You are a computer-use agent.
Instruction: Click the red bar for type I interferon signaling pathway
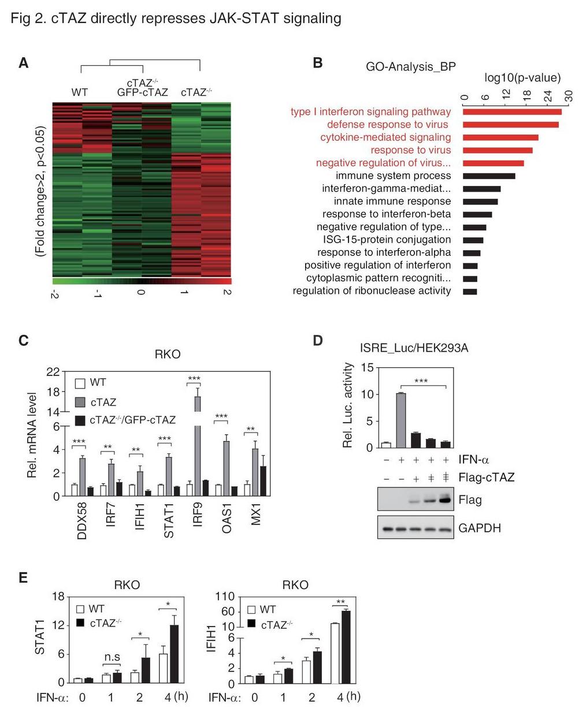click(x=512, y=112)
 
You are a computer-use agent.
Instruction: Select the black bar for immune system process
click(x=489, y=176)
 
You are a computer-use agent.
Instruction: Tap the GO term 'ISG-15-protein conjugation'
click(x=387, y=240)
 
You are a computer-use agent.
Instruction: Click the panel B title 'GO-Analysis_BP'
click(x=411, y=66)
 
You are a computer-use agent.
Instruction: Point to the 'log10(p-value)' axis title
click(x=522, y=78)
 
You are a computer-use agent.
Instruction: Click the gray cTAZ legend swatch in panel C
click(x=80, y=402)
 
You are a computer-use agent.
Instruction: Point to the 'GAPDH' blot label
click(x=479, y=528)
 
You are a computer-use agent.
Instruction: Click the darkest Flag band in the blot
click(x=446, y=499)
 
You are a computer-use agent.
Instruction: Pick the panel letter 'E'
click(x=23, y=577)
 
